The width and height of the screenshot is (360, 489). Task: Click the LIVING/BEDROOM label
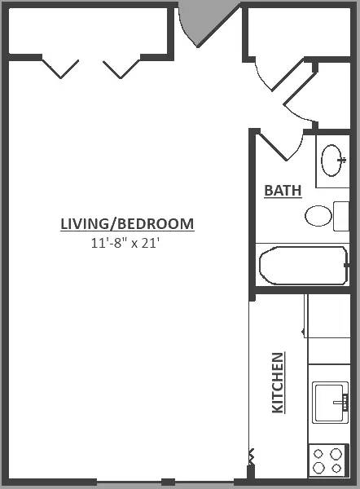point(127,224)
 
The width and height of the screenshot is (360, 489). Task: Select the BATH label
point(283,191)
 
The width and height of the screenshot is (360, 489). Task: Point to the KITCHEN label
point(278,383)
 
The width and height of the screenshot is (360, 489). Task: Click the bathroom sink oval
point(331,161)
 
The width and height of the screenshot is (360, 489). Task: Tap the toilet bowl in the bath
point(318,216)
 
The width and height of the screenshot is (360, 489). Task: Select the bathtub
point(304,266)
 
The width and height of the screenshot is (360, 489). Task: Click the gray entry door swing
point(206,22)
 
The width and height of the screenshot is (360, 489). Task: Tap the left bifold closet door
point(60,68)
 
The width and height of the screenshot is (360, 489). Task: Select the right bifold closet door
point(121,68)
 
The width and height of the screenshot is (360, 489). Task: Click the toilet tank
point(341,216)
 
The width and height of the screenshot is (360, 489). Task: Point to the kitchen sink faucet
point(341,403)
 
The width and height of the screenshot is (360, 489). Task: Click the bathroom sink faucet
point(342,161)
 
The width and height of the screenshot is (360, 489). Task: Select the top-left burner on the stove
point(318,453)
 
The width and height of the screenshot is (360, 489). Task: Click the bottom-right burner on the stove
point(336,468)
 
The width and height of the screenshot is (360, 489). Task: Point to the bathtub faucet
point(347,266)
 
